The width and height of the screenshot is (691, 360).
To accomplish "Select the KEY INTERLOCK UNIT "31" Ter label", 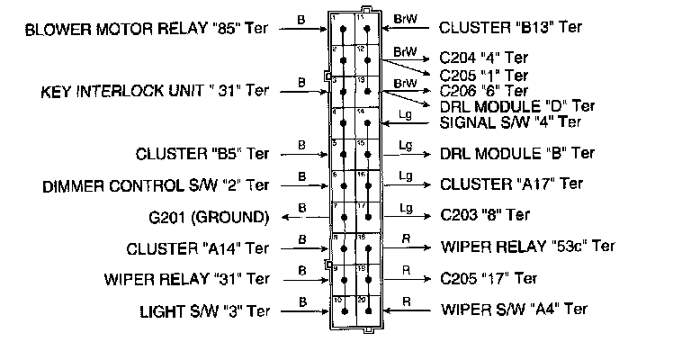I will tap(155, 91).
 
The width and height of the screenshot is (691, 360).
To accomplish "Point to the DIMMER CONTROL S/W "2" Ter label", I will tap(156, 186).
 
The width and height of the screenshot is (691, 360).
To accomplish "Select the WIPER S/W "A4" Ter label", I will tap(516, 309).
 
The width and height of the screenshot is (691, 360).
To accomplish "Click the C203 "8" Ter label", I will tap(485, 215).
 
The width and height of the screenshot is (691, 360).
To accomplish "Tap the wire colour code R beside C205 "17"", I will tap(406, 268).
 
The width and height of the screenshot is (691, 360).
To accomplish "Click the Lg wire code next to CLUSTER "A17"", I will tap(406, 175).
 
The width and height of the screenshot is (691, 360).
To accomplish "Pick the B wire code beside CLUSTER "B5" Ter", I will tap(301, 143).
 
